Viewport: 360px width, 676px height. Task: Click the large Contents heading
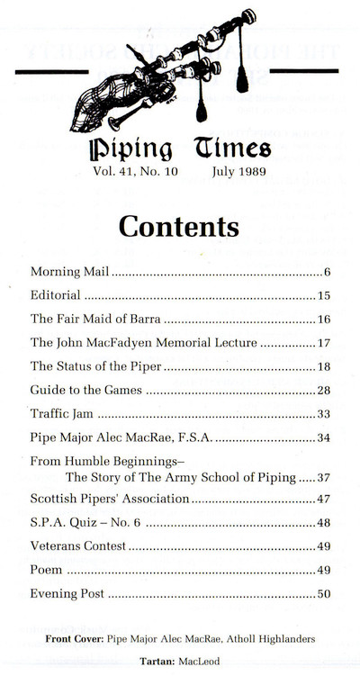pyautogui.click(x=179, y=225)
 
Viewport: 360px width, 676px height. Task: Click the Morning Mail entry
pyautogui.click(x=70, y=272)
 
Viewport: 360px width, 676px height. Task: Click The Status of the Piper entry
pyautogui.click(x=95, y=366)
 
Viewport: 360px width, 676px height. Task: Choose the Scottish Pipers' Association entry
pyautogui.click(x=110, y=499)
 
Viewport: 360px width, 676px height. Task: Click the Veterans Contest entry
pyautogui.click(x=77, y=546)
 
